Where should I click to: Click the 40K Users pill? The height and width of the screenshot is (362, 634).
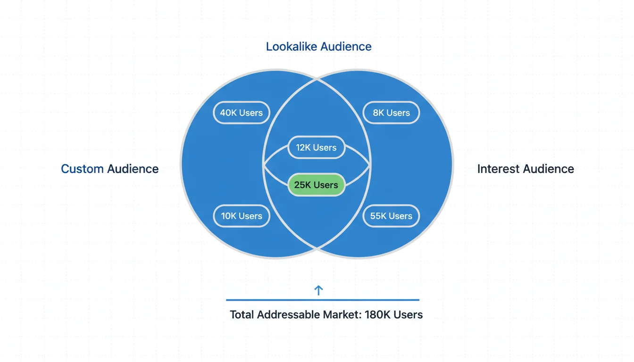tap(242, 113)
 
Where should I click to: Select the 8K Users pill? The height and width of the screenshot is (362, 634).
tap(391, 113)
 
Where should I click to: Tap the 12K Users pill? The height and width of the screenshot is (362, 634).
tap(316, 148)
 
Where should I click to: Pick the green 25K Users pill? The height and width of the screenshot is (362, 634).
tap(316, 185)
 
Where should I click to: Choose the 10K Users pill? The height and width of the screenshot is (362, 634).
tap(242, 216)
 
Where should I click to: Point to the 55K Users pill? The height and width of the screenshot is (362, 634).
tap(391, 216)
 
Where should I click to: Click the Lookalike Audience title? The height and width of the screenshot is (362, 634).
tap(318, 47)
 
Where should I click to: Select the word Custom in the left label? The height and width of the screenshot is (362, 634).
tap(82, 169)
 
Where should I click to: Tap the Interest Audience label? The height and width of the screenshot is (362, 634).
tap(526, 169)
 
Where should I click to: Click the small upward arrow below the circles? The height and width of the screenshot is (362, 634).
tap(318, 290)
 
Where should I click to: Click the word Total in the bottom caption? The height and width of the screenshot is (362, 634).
tap(242, 314)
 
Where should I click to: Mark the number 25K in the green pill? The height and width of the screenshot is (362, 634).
tap(302, 185)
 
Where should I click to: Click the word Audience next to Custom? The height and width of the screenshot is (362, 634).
tap(133, 169)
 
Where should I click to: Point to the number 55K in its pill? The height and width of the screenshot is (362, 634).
tap(378, 216)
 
